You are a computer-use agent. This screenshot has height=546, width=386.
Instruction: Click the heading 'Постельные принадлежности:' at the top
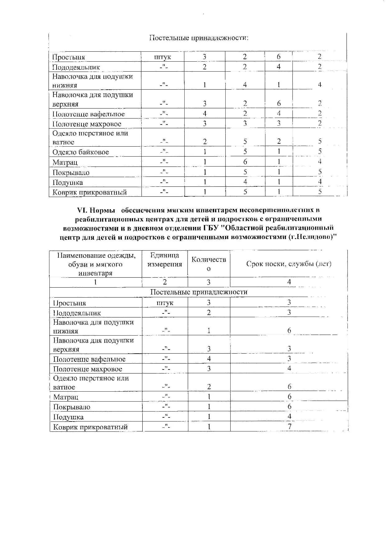coord(199,38)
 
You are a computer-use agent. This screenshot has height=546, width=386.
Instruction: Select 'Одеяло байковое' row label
coord(80,152)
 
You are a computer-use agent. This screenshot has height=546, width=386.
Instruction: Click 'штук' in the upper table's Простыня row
coord(163,57)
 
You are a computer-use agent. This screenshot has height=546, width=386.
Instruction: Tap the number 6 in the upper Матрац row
coord(245,162)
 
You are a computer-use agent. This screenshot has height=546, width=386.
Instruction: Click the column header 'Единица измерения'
coord(165,260)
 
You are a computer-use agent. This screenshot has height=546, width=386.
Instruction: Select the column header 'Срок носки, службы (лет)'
coord(289,264)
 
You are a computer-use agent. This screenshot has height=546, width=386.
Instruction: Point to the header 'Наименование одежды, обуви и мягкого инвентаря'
coord(96,264)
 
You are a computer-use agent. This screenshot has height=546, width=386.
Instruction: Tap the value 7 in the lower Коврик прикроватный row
coord(289,427)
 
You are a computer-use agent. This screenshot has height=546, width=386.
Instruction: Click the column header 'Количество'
coord(209,264)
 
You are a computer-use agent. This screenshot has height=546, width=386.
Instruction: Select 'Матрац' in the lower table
coord(66,397)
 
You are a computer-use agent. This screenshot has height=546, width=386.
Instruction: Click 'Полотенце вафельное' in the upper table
coord(89,114)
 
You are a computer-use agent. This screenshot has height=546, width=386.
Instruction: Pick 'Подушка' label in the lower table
coord(68,417)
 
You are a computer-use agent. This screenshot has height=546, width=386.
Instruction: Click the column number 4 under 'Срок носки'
coord(289,282)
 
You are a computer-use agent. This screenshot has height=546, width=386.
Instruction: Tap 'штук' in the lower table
coord(165,303)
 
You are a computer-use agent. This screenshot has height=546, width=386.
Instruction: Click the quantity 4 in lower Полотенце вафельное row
coord(209,359)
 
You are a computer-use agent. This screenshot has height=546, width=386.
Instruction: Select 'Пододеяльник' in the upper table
coord(76,67)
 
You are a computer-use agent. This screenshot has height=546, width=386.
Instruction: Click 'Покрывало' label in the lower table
coord(71,407)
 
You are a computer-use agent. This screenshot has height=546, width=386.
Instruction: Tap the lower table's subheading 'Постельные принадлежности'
coord(199,292)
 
